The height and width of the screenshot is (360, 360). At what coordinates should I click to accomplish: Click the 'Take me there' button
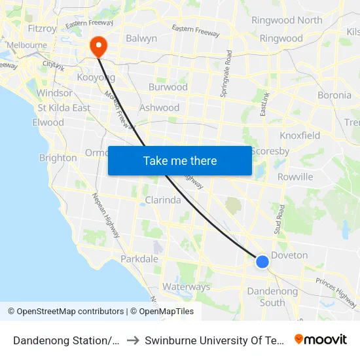click(180, 161)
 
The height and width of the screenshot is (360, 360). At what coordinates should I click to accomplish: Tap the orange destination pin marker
click(99, 46)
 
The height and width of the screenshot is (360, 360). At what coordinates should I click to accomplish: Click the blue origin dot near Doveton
click(262, 262)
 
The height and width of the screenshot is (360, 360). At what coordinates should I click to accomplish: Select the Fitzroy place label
click(43, 29)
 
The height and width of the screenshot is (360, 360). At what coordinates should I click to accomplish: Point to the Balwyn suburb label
click(141, 39)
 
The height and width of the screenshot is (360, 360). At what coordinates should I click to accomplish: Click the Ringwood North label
click(287, 20)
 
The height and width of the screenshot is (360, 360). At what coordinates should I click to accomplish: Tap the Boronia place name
click(334, 95)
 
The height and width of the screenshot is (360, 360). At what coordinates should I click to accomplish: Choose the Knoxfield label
click(300, 135)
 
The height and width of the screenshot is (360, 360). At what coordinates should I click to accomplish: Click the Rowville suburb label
click(295, 177)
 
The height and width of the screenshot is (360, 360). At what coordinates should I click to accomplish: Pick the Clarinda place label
click(162, 200)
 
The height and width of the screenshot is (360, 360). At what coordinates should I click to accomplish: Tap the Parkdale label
click(139, 259)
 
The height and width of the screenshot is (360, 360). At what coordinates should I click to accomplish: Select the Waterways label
click(186, 287)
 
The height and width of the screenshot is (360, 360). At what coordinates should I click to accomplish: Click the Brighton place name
click(58, 158)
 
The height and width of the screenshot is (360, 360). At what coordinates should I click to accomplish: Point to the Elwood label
click(48, 122)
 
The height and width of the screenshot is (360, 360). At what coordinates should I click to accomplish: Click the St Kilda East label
click(63, 108)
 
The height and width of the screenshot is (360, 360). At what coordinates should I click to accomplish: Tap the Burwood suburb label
click(168, 87)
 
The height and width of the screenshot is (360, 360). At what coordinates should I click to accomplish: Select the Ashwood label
click(160, 107)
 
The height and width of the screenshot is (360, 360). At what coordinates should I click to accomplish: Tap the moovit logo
click(321, 339)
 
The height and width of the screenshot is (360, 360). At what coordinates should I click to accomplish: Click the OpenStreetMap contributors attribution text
click(70, 312)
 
